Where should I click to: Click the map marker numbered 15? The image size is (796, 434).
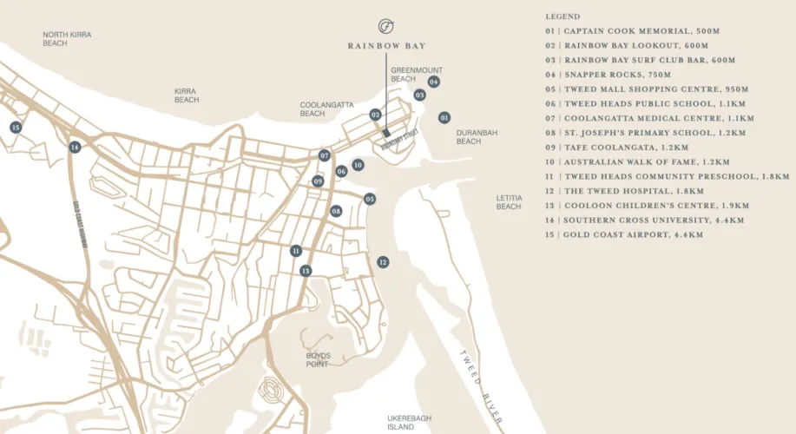pyautogui.click(x=15, y=128)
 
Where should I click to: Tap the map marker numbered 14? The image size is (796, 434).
pyautogui.click(x=76, y=148)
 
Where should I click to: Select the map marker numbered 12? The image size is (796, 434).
pyautogui.click(x=383, y=261)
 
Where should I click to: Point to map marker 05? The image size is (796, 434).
pyautogui.click(x=370, y=199)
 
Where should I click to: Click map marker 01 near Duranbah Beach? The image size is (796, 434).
pyautogui.click(x=444, y=116)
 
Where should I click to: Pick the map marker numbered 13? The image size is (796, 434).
pyautogui.click(x=306, y=271)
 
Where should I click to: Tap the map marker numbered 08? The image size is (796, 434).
pyautogui.click(x=336, y=211)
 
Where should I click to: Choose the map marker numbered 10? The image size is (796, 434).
pyautogui.click(x=358, y=164)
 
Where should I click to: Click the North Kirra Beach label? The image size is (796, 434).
pyautogui.click(x=67, y=39)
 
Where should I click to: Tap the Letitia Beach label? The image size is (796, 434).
pyautogui.click(x=509, y=202)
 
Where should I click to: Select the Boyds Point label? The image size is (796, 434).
pyautogui.click(x=318, y=360)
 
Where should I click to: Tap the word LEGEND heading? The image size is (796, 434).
pyautogui.click(x=562, y=16)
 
